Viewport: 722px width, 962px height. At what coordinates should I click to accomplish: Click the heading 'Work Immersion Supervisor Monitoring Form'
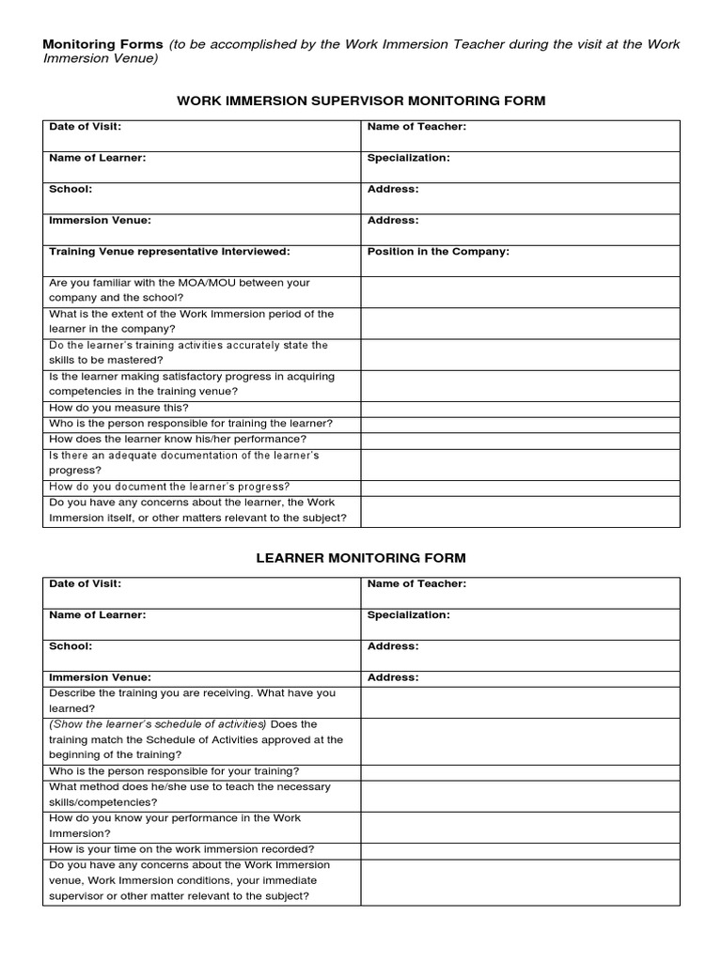pyautogui.click(x=361, y=101)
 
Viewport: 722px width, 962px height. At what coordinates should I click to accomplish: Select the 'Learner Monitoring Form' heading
pyautogui.click(x=361, y=558)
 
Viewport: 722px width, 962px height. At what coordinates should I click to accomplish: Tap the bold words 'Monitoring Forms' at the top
pyautogui.click(x=102, y=44)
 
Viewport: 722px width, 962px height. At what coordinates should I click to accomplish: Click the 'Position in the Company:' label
pyautogui.click(x=438, y=252)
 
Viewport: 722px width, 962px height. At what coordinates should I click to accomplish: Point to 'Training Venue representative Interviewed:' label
pyautogui.click(x=169, y=252)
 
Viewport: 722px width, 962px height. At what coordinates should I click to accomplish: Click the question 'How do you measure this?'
pyautogui.click(x=118, y=408)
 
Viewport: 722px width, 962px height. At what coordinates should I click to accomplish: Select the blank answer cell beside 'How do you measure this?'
pyautogui.click(x=520, y=408)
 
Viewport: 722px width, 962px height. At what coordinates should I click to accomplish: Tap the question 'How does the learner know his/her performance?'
pyautogui.click(x=178, y=439)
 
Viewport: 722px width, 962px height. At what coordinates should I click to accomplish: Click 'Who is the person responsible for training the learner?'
pyautogui.click(x=191, y=424)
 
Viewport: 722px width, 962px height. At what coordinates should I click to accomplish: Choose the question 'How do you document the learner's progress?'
pyautogui.click(x=169, y=487)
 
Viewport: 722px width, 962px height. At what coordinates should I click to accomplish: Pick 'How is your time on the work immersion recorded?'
pyautogui.click(x=181, y=849)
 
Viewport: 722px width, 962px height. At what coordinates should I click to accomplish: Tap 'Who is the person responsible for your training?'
pyautogui.click(x=174, y=771)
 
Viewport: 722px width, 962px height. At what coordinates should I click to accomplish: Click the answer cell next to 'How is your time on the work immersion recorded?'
pyautogui.click(x=520, y=849)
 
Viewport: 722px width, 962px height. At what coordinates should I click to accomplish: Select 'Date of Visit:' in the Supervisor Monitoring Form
pyautogui.click(x=85, y=126)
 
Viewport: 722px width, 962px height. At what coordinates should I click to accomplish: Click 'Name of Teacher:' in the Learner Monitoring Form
pyautogui.click(x=416, y=583)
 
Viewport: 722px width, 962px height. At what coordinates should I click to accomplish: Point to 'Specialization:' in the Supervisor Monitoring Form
pyautogui.click(x=409, y=158)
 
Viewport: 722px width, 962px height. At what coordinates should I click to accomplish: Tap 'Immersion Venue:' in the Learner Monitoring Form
pyautogui.click(x=100, y=677)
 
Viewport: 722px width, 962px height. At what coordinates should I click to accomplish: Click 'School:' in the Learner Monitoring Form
pyautogui.click(x=71, y=646)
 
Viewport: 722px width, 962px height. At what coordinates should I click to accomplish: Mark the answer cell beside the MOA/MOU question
pyautogui.click(x=520, y=292)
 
